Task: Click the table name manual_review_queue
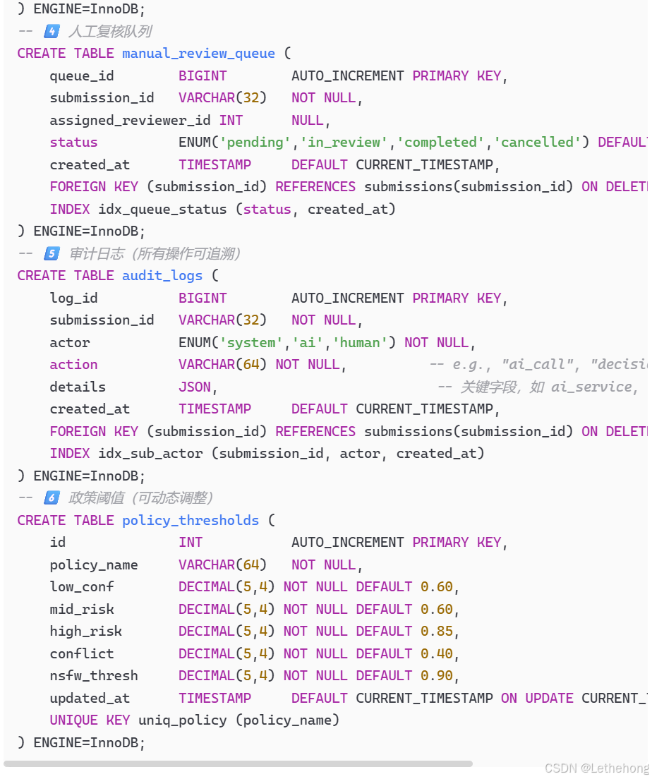(198, 54)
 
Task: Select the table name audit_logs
(162, 276)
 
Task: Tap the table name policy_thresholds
(191, 521)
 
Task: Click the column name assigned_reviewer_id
(131, 121)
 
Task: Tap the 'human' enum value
(360, 343)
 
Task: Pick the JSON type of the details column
(195, 387)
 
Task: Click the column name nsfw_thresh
(94, 676)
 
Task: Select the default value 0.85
(437, 632)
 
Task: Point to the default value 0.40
(437, 654)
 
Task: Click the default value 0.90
(437, 676)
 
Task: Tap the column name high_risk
(85, 632)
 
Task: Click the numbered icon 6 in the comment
(52, 498)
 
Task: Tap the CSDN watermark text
(596, 768)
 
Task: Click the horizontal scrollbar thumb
(238, 763)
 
